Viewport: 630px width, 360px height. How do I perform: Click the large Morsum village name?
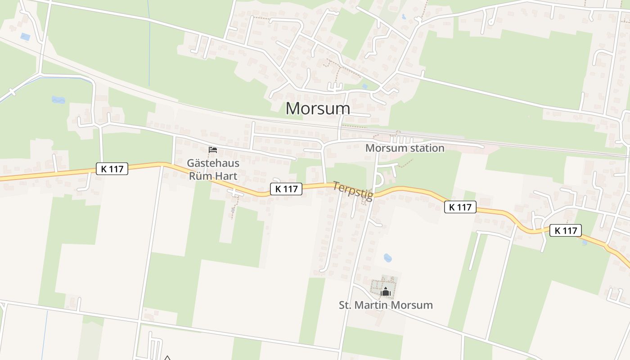pyautogui.click(x=318, y=108)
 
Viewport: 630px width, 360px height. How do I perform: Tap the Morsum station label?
pyautogui.click(x=405, y=148)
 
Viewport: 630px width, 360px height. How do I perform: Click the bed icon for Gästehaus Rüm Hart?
pyautogui.click(x=213, y=149)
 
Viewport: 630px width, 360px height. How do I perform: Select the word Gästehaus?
pyautogui.click(x=213, y=163)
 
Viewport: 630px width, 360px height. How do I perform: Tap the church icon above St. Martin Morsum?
pyautogui.click(x=385, y=292)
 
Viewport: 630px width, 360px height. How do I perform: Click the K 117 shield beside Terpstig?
pyautogui.click(x=286, y=189)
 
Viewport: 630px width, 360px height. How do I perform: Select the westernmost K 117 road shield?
pyautogui.click(x=112, y=169)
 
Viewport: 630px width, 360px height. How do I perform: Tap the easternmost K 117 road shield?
pyautogui.click(x=566, y=230)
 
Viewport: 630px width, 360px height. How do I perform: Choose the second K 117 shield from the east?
pyautogui.click(x=460, y=207)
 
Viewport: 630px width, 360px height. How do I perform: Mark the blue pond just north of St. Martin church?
pyautogui.click(x=387, y=258)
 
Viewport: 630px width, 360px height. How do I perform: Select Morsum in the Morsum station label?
pyautogui.click(x=383, y=148)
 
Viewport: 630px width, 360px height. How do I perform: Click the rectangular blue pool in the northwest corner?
pyautogui.click(x=25, y=36)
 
